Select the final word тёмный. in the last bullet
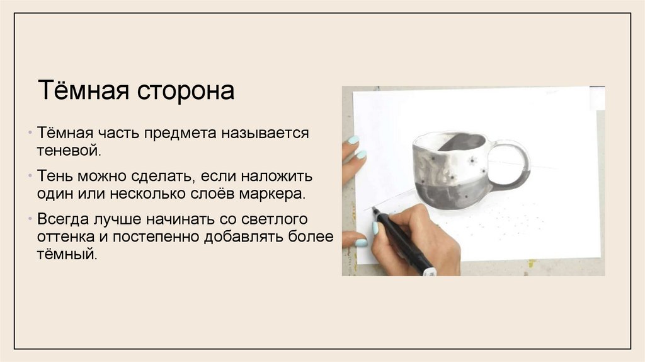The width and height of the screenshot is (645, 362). [68, 255]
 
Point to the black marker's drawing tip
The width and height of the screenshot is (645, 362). [375, 211]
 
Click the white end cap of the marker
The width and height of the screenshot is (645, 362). [429, 272]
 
